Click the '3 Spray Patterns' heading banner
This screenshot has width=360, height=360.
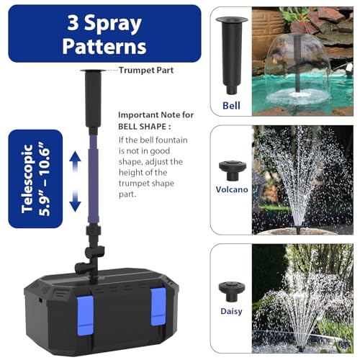104,34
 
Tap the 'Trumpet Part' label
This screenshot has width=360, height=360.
146,71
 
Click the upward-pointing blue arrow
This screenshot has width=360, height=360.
75,161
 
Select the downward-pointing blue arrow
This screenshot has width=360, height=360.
75,200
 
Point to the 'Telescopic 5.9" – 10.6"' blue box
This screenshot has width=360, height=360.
35,179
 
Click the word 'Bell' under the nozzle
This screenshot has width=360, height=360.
231,106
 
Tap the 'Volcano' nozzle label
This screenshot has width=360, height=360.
232,189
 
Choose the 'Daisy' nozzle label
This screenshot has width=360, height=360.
231,311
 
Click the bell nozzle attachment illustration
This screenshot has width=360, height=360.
232,55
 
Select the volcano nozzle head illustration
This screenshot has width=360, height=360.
233,171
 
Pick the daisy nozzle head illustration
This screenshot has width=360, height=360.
232,292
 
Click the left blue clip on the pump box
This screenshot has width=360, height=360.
85,315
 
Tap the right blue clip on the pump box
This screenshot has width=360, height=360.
158,307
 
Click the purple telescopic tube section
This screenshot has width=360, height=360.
93,179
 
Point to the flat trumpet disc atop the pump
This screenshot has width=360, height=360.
93,71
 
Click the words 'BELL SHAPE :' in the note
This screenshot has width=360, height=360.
145,127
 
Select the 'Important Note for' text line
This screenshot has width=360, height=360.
156,115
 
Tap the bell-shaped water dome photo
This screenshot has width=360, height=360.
302,61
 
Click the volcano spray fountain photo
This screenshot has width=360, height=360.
302,180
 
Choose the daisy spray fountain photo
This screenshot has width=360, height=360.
302,298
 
